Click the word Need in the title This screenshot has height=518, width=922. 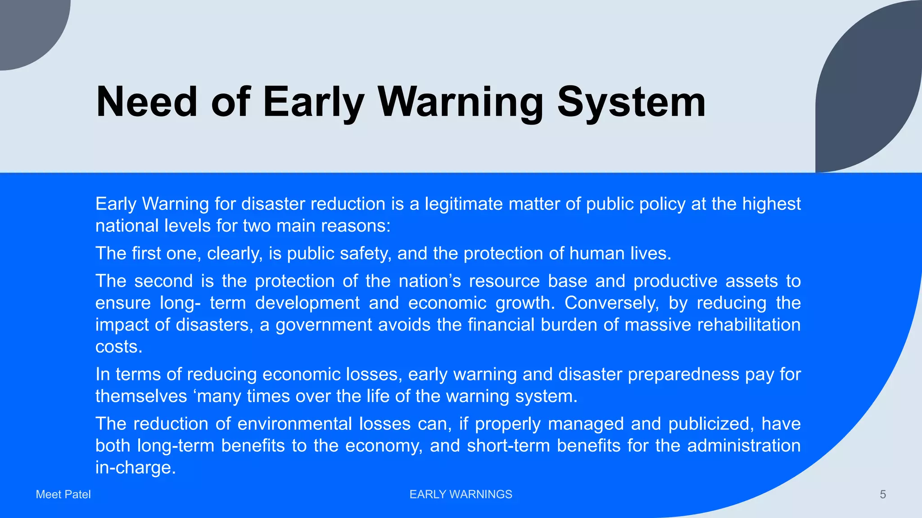pyautogui.click(x=147, y=103)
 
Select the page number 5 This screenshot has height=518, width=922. pyautogui.click(x=883, y=495)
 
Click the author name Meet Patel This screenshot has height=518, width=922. pyautogui.click(x=63, y=495)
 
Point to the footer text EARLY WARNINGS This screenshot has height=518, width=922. pyautogui.click(x=461, y=495)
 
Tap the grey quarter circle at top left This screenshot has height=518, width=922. pyautogui.click(x=27, y=27)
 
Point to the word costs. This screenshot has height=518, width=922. pyautogui.click(x=118, y=347)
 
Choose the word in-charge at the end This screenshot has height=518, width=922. pyautogui.click(x=135, y=468)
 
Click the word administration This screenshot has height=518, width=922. pyautogui.click(x=744, y=446)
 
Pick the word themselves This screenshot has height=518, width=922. pyautogui.click(x=141, y=397)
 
